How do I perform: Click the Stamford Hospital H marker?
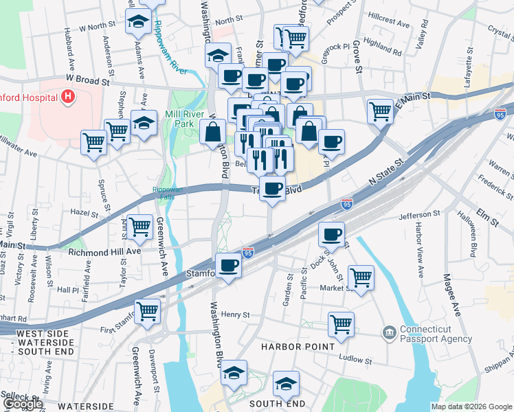[x=67, y=98]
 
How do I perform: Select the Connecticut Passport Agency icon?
[x=389, y=333]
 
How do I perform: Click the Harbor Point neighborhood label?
[x=297, y=347]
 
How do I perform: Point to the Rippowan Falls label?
[x=164, y=193]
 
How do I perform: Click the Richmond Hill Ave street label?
[x=104, y=252]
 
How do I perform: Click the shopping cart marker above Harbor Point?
[x=341, y=325]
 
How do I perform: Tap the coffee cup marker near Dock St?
[x=332, y=235]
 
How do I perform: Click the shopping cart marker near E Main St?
[x=380, y=110]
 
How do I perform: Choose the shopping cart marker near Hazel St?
[x=140, y=226]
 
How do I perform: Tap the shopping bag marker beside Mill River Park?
[x=213, y=130]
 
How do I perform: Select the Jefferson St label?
[x=419, y=215]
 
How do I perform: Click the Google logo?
[x=23, y=404]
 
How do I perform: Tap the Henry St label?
[x=235, y=314]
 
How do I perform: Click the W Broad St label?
[x=88, y=80]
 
